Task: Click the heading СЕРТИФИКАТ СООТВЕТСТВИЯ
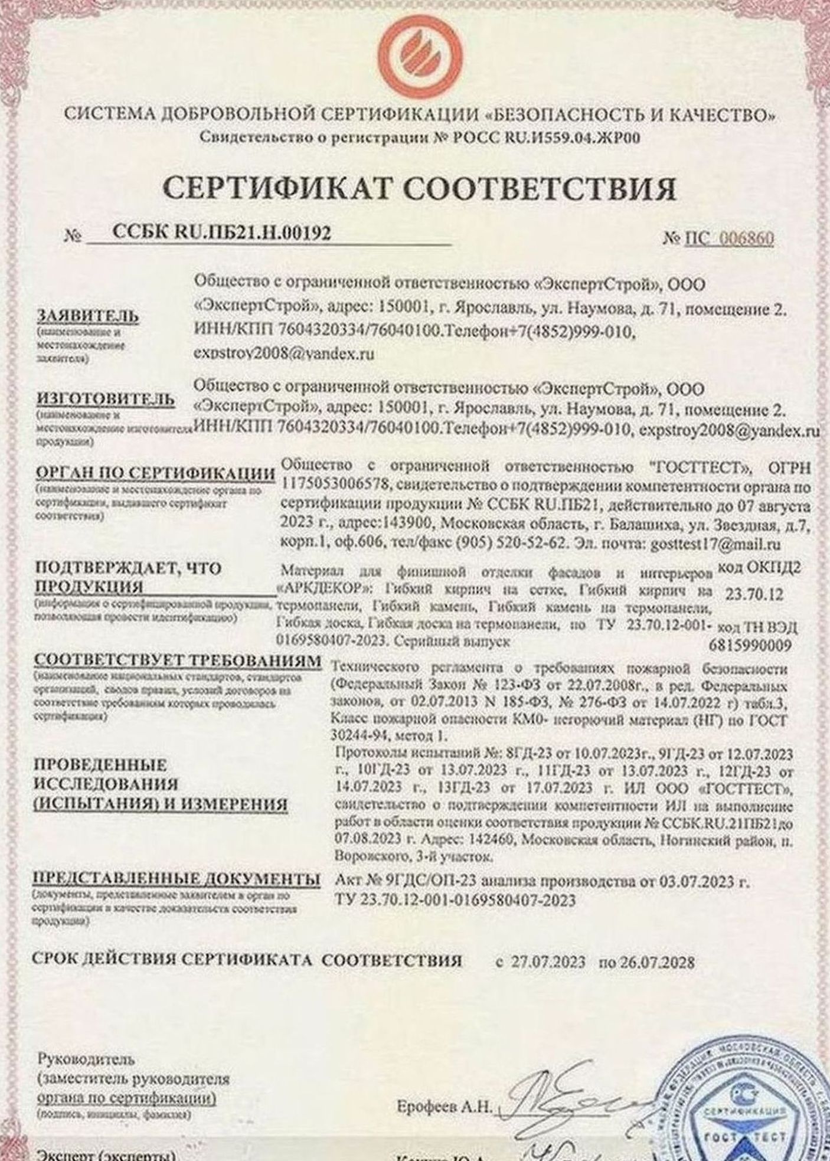click(419, 189)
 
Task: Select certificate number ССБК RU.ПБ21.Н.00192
click(221, 234)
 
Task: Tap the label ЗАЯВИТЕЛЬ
click(88, 316)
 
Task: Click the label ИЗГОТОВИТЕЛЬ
click(106, 399)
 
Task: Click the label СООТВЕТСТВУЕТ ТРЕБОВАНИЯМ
click(178, 661)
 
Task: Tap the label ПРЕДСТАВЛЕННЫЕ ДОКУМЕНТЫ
click(177, 878)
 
